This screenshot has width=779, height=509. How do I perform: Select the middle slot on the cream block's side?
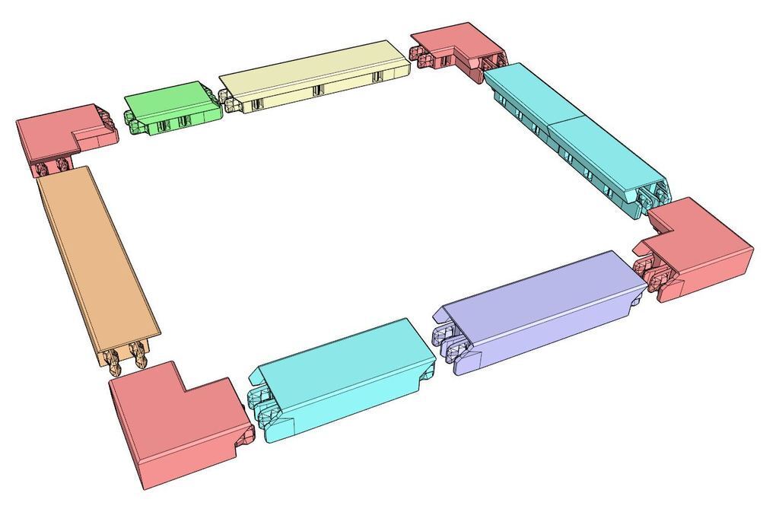pos(317,91)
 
